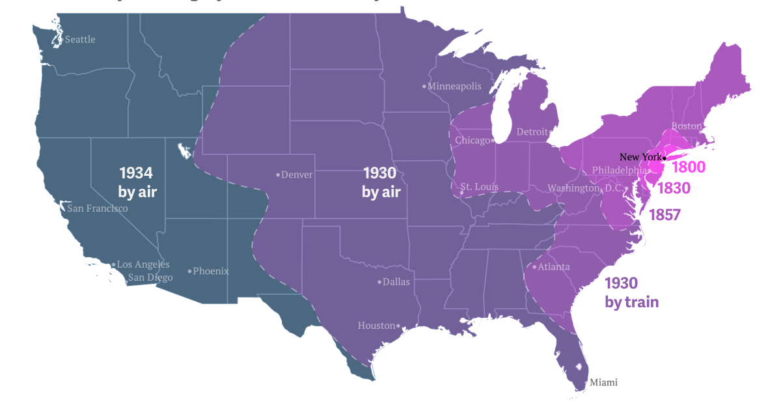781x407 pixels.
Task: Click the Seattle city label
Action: (80, 40)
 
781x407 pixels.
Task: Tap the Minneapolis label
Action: (455, 86)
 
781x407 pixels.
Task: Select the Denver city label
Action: (297, 175)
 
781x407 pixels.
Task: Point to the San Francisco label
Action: (98, 209)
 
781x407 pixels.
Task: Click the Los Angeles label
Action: (143, 264)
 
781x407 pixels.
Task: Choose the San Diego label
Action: (150, 278)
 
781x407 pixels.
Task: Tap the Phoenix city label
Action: (211, 271)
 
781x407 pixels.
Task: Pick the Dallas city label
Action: (396, 282)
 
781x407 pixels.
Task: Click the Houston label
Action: (376, 326)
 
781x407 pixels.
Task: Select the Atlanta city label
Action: (553, 267)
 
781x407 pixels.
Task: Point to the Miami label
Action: (603, 382)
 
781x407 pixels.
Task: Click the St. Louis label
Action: (479, 188)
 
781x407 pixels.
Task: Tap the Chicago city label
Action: (473, 140)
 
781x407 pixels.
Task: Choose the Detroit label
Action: (532, 132)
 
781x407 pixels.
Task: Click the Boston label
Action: (687, 126)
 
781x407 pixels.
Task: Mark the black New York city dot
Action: (665, 158)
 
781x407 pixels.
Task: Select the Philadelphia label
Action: (618, 171)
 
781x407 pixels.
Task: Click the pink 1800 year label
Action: (689, 167)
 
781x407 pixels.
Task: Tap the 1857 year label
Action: (664, 215)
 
